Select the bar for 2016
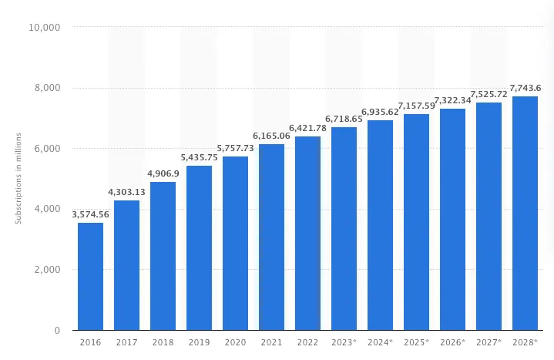click(90, 277)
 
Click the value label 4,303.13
click(126, 192)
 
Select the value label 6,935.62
click(380, 112)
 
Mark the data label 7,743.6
click(525, 88)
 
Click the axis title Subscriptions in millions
click(18, 179)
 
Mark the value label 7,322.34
click(452, 100)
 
